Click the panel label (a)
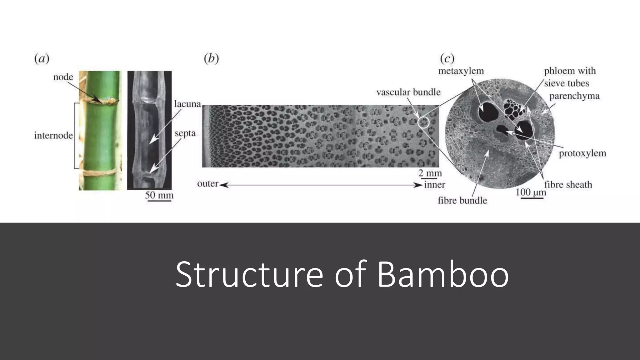(42, 59)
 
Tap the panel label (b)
(211, 59)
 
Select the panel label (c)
(447, 59)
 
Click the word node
(63, 77)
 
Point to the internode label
(53, 136)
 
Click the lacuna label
(187, 104)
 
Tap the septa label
(185, 133)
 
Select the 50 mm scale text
(159, 195)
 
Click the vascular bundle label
(408, 92)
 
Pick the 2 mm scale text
(430, 173)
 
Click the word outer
(207, 184)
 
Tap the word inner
(434, 185)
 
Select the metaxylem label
(461, 71)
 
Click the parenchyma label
(574, 96)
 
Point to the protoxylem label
(582, 153)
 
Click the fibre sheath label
(568, 185)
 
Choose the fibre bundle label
(462, 200)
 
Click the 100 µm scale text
(531, 192)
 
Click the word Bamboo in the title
(443, 274)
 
